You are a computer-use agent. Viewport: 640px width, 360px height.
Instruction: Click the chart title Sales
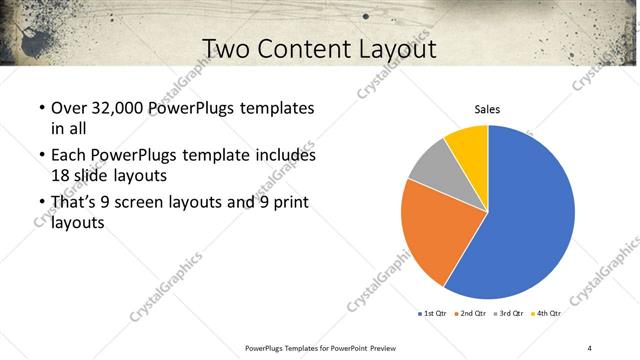coord(487,109)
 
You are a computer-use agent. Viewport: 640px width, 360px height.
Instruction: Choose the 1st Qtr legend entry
coord(433,314)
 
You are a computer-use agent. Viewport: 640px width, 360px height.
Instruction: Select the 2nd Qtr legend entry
coord(473,314)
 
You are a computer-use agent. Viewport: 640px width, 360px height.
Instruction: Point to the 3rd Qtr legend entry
coord(511,314)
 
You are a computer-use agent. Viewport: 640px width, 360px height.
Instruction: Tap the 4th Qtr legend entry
coord(549,314)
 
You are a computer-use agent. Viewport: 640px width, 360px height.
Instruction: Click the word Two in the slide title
coord(227,48)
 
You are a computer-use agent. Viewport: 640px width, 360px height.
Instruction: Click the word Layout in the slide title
coord(395,48)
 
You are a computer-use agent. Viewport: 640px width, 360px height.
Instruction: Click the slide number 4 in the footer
coord(590,347)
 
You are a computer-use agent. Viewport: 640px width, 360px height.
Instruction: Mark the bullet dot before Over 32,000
coord(41,108)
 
